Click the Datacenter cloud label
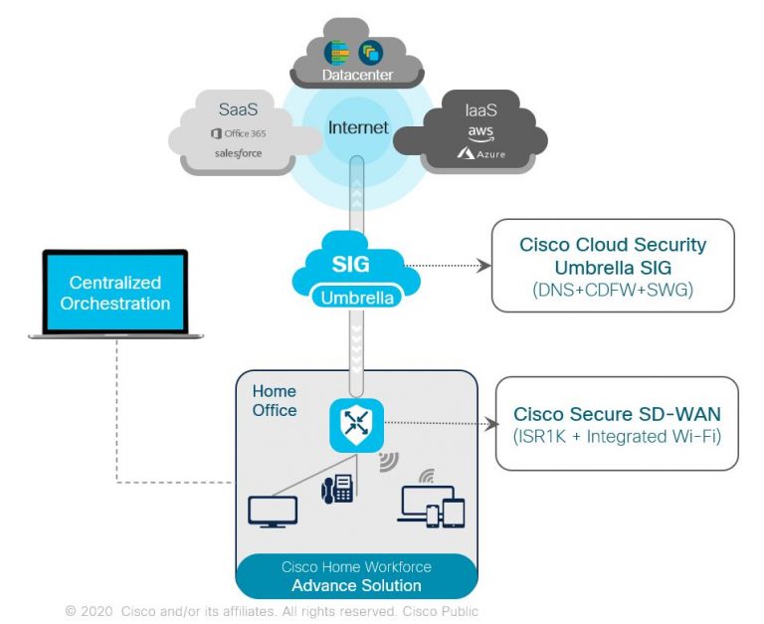pyautogui.click(x=357, y=76)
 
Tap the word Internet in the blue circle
pyautogui.click(x=358, y=127)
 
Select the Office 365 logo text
pyautogui.click(x=238, y=133)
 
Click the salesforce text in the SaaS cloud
pyautogui.click(x=236, y=153)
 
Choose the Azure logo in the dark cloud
pyautogui.click(x=480, y=154)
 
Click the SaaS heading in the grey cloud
pyautogui.click(x=238, y=108)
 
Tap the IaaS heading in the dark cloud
pyautogui.click(x=480, y=108)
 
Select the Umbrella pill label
pyautogui.click(x=358, y=297)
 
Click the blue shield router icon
pyautogui.click(x=357, y=422)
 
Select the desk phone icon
pyautogui.click(x=337, y=488)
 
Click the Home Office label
pyautogui.click(x=274, y=400)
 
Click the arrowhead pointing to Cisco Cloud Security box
pyautogui.click(x=485, y=266)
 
